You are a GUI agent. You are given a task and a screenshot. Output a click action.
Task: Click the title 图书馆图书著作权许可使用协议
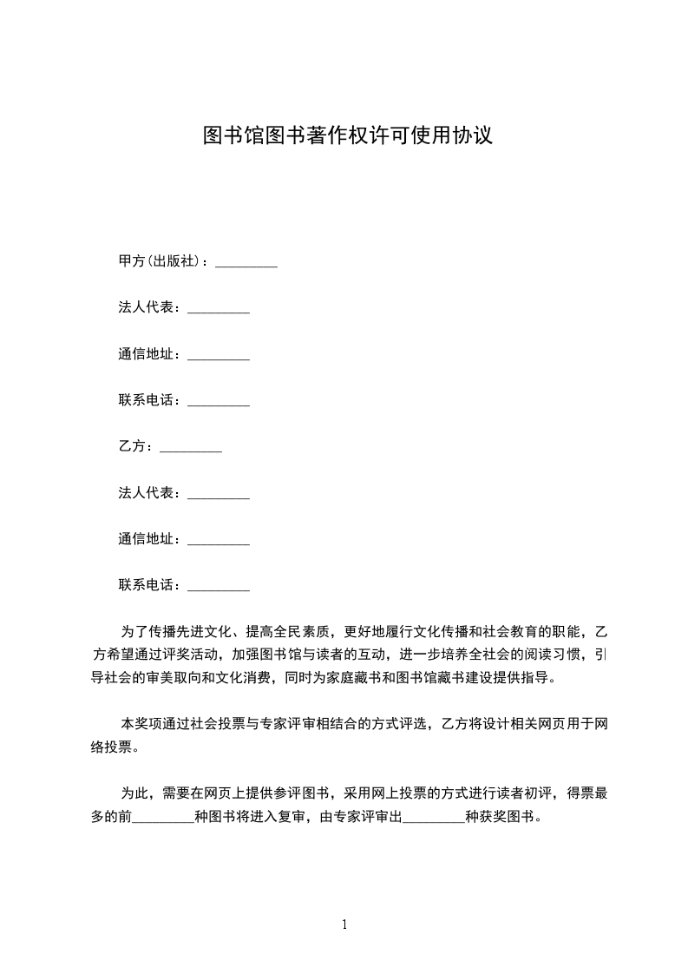(x=347, y=135)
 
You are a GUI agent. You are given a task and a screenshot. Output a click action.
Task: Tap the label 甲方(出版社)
(x=160, y=261)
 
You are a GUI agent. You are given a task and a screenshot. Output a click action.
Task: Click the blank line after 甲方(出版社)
(x=246, y=262)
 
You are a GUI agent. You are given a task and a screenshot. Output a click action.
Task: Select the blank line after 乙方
(x=191, y=448)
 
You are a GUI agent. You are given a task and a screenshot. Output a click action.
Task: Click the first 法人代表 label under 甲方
(x=148, y=308)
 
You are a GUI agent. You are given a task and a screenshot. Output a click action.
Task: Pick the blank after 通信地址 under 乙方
(x=219, y=540)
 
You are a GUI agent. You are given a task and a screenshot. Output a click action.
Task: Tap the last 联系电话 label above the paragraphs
(x=148, y=586)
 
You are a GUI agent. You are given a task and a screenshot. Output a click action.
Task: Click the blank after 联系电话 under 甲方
(x=219, y=401)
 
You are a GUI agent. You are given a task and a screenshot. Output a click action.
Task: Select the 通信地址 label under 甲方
(x=148, y=354)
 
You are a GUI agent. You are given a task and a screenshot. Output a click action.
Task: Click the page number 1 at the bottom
(x=344, y=925)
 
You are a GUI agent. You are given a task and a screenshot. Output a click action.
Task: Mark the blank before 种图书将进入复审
(x=163, y=818)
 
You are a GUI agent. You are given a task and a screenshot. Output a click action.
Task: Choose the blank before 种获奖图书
(x=434, y=818)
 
